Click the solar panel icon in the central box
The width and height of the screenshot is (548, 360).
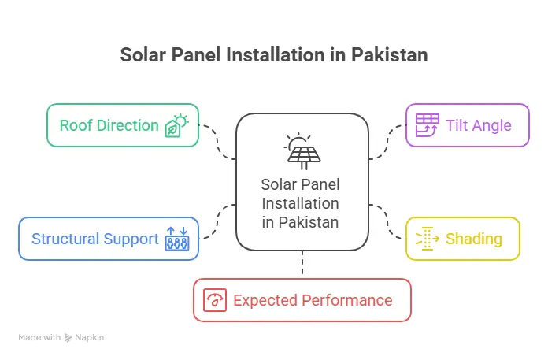pos(302,151)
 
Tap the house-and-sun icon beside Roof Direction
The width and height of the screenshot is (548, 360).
pos(177,125)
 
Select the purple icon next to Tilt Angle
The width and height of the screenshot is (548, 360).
pos(427,125)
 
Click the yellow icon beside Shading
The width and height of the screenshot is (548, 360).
pos(427,239)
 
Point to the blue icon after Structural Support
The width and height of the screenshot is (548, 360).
pos(177,239)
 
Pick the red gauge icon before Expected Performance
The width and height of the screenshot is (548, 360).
pos(215,300)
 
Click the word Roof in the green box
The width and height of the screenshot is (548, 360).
pos(75,125)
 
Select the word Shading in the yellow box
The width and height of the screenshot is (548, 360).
pos(474,239)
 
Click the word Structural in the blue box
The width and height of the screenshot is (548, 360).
pos(65,239)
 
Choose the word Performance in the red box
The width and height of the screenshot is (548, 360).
pos(347,300)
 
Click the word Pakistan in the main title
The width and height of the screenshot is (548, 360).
pos(389,55)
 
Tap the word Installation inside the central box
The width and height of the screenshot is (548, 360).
pos(300,203)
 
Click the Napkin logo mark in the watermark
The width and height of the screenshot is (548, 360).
pos(68,338)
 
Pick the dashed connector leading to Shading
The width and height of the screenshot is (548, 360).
pos(387,221)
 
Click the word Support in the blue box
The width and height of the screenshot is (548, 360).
pos(131,239)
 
